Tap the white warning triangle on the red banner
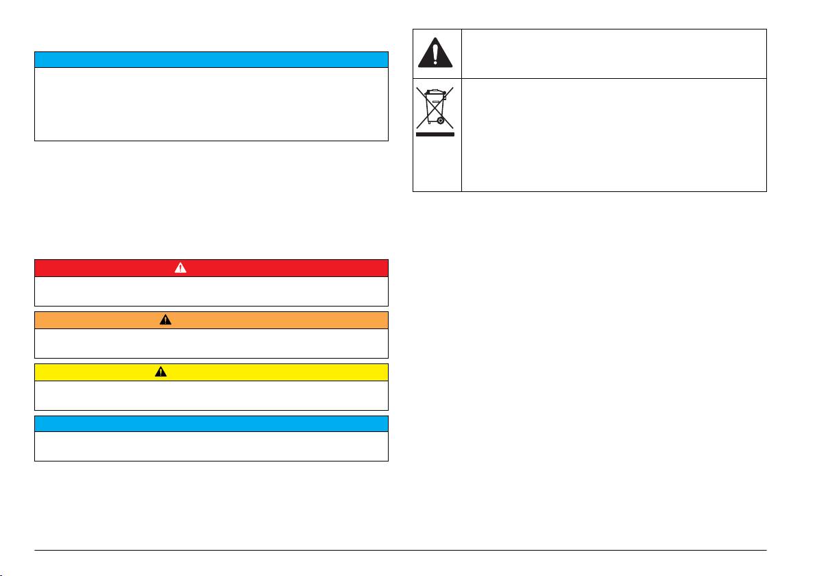180,268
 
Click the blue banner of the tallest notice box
211,60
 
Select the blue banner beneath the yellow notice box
211,424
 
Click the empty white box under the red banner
211,291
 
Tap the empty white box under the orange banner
211,343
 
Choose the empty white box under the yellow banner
211,395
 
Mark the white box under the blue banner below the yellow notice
211,446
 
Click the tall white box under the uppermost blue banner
211,104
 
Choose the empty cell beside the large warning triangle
613,53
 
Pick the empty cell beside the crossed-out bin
613,134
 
